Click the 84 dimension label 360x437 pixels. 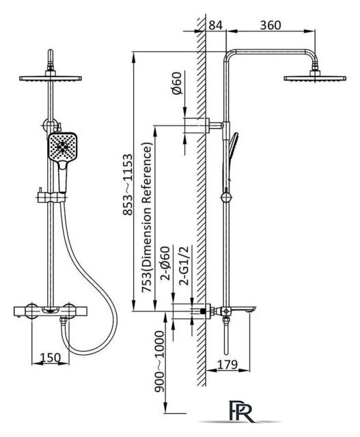click(x=216, y=25)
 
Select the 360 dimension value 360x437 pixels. click(x=271, y=25)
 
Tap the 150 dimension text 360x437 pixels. click(x=50, y=358)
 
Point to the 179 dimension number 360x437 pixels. click(x=227, y=364)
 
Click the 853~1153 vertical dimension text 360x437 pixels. click(x=128, y=184)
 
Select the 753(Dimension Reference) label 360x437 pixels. click(x=147, y=217)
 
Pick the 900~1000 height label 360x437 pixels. click(x=159, y=361)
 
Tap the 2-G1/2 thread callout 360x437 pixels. click(x=184, y=266)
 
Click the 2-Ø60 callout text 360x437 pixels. click(x=165, y=263)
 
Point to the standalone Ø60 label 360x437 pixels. click(x=177, y=83)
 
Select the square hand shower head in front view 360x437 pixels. click(x=62, y=147)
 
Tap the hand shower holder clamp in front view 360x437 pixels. click(x=52, y=197)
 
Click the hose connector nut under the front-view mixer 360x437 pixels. click(x=64, y=321)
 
